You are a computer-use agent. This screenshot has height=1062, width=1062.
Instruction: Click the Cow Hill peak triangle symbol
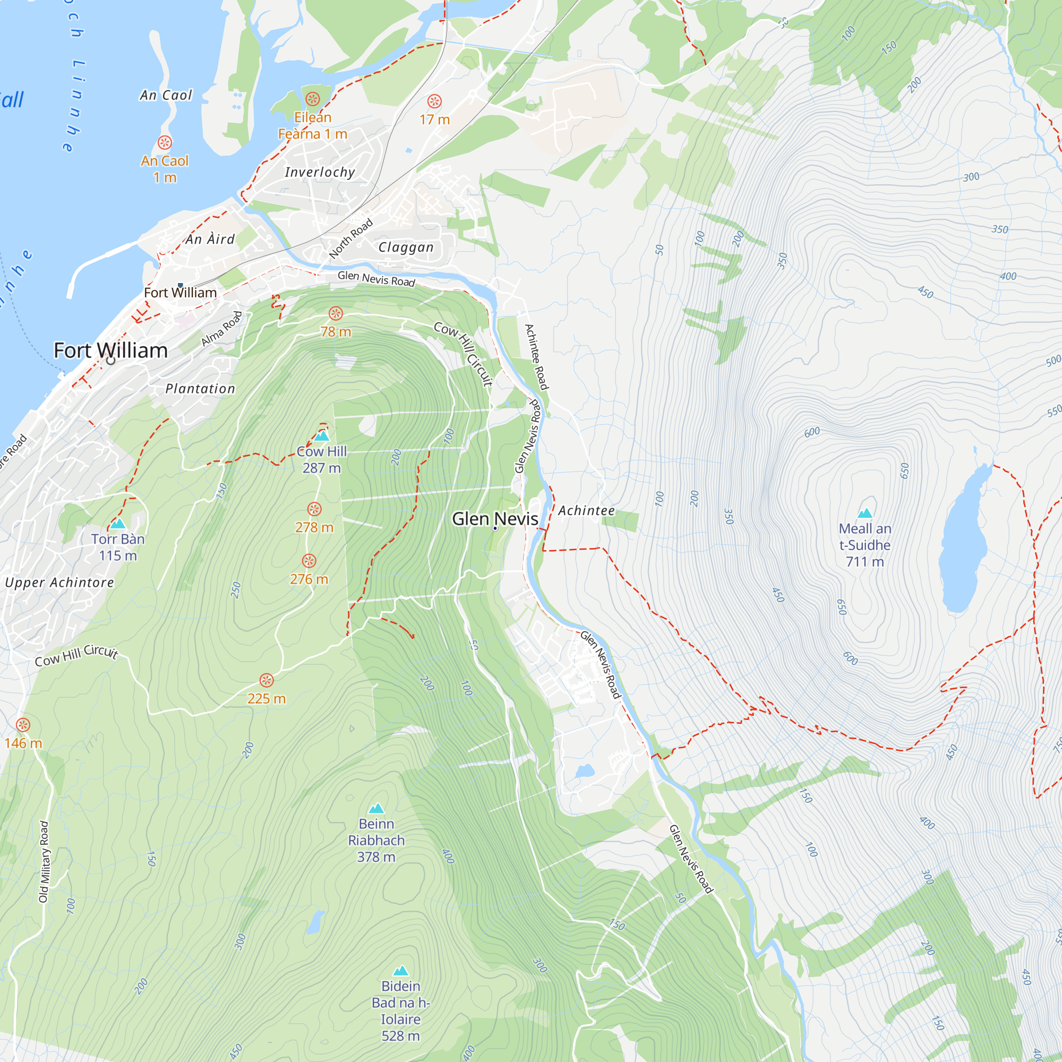click(x=322, y=436)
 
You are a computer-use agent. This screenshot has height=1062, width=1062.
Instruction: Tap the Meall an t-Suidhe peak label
click(x=864, y=545)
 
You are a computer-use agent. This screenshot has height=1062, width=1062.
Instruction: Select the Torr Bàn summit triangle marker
click(x=118, y=524)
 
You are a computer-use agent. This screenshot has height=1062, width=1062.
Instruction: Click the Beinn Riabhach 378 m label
click(x=376, y=840)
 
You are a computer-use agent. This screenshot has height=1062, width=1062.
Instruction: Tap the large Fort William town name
click(x=110, y=350)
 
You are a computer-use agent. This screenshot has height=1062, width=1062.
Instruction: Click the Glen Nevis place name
click(x=495, y=518)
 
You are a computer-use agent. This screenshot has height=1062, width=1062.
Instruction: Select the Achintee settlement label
click(x=586, y=511)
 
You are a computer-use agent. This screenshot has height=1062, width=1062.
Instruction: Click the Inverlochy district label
click(x=320, y=172)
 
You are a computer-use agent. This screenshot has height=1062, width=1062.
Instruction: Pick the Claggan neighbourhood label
click(x=406, y=247)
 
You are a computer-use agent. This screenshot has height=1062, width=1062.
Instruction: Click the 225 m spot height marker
click(x=267, y=681)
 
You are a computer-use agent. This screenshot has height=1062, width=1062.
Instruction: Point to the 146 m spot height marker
click(x=23, y=724)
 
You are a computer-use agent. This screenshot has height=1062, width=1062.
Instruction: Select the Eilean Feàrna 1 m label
click(x=312, y=125)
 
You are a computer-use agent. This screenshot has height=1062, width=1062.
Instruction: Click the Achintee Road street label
click(x=536, y=357)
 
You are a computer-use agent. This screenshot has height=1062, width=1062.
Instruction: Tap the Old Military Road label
click(x=44, y=861)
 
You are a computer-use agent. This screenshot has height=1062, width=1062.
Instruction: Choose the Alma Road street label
click(x=221, y=329)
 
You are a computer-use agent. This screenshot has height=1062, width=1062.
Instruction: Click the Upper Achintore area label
click(x=59, y=583)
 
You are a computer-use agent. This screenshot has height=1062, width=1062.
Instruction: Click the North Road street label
click(x=350, y=238)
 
